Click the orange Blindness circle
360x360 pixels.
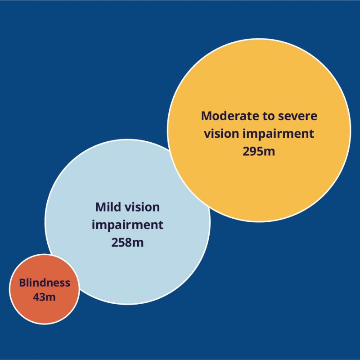coord(45,289)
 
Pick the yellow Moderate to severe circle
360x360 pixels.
coord(259,130)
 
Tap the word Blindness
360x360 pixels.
coord(45,283)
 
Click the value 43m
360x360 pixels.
coord(44,297)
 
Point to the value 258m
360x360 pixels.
coord(127,243)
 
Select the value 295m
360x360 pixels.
coord(259,151)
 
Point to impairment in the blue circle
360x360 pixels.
coord(127,225)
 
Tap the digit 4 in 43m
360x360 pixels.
coord(36,297)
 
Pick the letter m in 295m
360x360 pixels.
coord(269,152)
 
